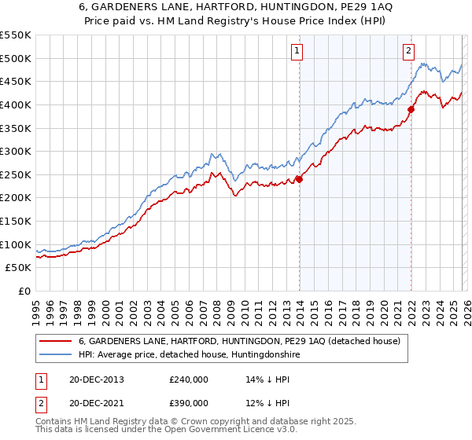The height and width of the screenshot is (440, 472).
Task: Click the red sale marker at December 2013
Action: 300,179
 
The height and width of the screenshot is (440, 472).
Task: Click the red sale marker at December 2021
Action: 411,109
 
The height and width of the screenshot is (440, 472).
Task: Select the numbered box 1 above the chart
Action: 297,52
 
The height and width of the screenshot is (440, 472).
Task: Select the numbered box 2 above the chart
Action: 409,52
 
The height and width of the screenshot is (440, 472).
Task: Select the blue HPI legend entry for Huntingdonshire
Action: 189,355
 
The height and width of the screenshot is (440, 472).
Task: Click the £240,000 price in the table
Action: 188,379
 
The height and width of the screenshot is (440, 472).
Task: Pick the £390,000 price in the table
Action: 188,402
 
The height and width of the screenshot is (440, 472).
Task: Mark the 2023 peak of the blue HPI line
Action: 422,64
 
